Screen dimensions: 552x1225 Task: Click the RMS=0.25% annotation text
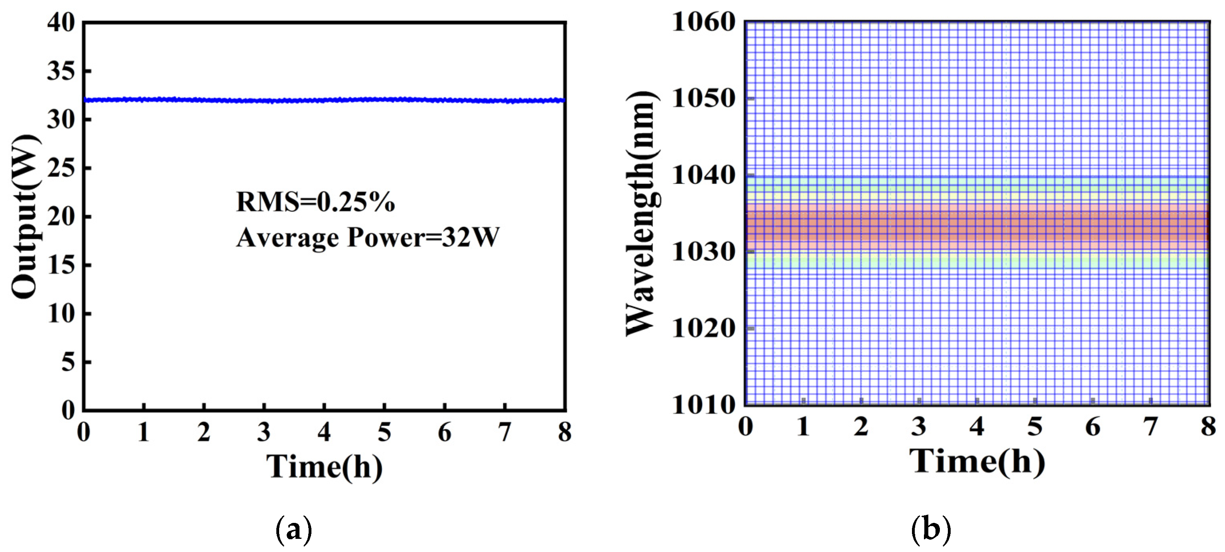point(315,202)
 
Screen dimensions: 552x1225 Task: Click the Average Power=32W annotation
point(368,237)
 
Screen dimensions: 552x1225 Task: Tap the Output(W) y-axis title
point(25,216)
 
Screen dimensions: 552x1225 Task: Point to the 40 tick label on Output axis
point(61,22)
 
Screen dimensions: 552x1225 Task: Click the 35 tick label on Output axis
point(61,71)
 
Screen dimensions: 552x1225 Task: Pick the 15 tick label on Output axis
point(61,265)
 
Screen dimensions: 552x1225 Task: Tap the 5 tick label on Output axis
point(68,362)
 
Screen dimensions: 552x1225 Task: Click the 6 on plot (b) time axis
point(1092,426)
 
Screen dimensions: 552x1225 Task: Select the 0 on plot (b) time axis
point(746,426)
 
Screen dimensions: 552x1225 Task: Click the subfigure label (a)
point(294,530)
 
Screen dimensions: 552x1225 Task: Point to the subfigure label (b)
point(931,530)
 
